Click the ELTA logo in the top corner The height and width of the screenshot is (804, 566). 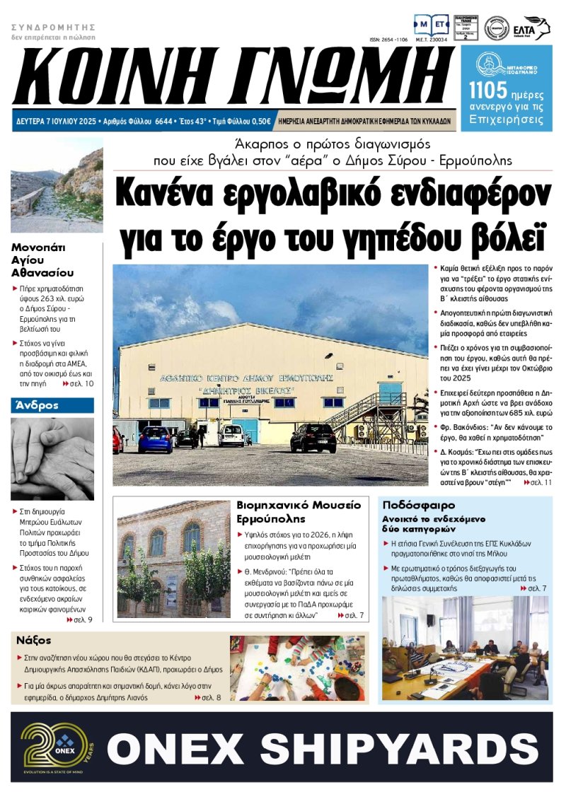point(537,28)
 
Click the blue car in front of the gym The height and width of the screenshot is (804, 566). point(154,439)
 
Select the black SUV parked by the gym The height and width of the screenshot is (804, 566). point(312,438)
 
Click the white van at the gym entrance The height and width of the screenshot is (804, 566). point(231,435)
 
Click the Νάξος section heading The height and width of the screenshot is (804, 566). point(33,640)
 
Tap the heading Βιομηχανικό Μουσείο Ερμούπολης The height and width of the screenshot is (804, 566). point(299,512)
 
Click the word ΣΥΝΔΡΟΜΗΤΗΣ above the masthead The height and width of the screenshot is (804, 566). point(53,27)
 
